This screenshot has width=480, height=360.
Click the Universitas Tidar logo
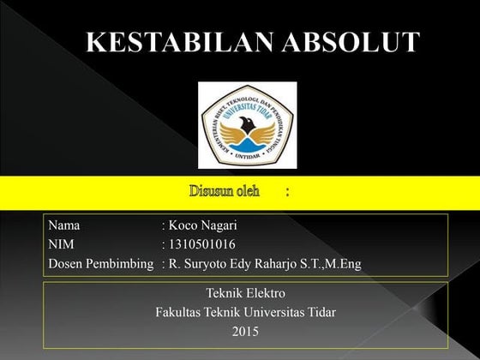click(247, 125)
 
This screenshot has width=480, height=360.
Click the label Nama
click(64, 226)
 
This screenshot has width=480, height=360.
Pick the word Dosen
click(66, 264)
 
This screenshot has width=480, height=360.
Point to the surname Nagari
click(219, 226)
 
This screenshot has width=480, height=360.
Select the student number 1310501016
click(202, 245)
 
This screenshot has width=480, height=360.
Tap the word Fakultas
click(181, 312)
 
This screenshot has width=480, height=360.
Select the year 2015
click(246, 331)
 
